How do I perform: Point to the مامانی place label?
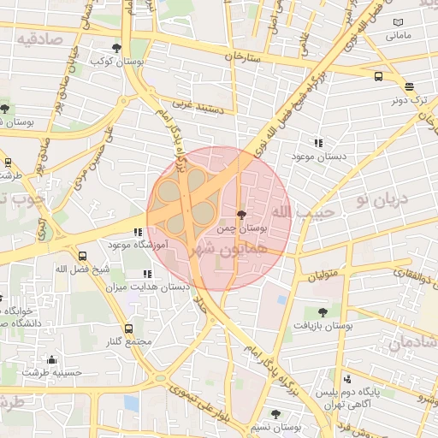click(x=399, y=36)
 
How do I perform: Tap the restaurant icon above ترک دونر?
click(x=409, y=86)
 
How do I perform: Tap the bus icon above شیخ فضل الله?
click(x=83, y=256)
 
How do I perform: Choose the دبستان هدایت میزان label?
click(x=139, y=287)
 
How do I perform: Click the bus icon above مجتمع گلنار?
click(x=129, y=328)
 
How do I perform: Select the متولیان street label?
click(x=324, y=275)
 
